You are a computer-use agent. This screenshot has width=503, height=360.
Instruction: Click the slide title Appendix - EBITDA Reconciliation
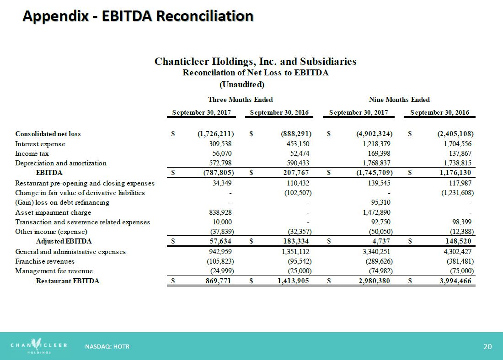coord(138,16)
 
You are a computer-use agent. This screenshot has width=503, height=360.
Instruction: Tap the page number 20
coord(487,347)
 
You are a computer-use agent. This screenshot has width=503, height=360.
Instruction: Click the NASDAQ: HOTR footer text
coord(107,347)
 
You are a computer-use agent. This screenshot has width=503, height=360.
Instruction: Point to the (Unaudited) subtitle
coord(242,85)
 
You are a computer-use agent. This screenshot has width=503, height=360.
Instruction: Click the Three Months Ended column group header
coord(241,100)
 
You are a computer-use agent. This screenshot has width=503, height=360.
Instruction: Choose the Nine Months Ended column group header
coord(399,100)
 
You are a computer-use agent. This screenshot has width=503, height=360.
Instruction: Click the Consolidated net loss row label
coord(48,134)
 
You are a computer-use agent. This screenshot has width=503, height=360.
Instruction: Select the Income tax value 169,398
coord(377,154)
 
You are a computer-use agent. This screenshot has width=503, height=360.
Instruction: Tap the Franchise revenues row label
coord(45,261)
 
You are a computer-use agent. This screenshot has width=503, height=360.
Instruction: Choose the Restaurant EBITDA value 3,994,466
coord(452,281)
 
